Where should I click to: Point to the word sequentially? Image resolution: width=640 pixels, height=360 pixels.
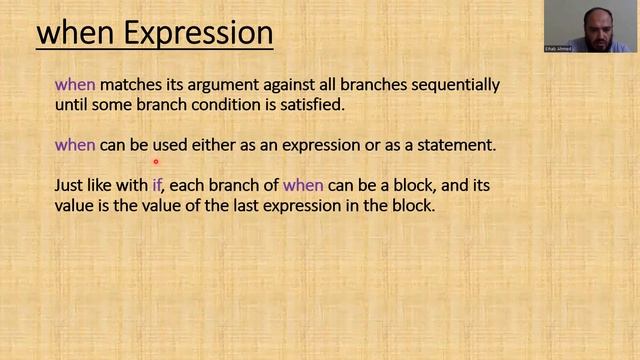(x=454, y=85)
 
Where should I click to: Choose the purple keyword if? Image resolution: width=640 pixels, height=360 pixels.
(x=157, y=186)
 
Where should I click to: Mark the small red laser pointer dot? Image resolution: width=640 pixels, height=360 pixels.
(x=156, y=160)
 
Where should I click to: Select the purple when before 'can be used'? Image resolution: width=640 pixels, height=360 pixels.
(x=75, y=145)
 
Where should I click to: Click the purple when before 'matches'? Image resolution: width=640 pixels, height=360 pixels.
(x=75, y=85)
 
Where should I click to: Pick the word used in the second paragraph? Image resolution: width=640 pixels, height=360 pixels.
(x=171, y=145)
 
